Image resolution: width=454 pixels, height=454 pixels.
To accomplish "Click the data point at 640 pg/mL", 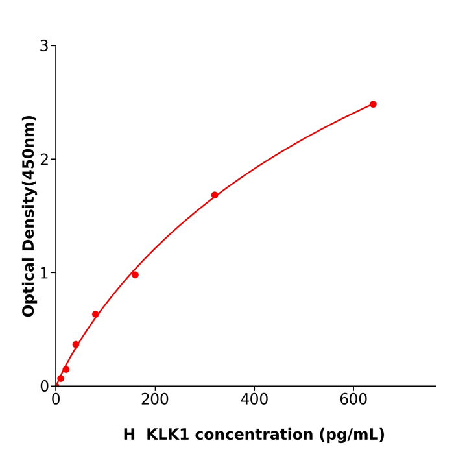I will tap(373, 104).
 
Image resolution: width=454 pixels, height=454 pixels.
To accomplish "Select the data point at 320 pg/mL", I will tap(215, 195).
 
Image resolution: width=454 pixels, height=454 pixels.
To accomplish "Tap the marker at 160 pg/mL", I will tap(135, 275).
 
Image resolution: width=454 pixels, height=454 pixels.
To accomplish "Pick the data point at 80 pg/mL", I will tap(95, 315).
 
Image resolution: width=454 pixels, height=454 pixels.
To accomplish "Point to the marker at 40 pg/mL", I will tap(76, 345).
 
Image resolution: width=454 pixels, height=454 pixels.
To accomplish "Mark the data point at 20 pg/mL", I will tap(66, 370).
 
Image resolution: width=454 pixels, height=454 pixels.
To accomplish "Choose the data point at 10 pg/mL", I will tap(61, 379).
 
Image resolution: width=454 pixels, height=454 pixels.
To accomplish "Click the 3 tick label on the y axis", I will tap(44, 46).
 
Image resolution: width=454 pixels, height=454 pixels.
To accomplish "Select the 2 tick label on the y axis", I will tap(44, 160).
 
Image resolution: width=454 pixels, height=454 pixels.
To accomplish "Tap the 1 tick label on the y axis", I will tap(44, 273).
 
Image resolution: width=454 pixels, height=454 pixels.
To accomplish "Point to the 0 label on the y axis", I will tap(44, 387).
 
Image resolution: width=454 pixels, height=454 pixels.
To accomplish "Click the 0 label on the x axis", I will tap(56, 400).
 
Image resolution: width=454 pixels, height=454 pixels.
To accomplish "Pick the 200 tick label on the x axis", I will tap(155, 400).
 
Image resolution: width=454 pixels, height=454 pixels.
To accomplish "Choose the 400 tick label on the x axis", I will tap(254, 400).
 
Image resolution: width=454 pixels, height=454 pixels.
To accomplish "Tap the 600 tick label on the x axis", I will tap(353, 400).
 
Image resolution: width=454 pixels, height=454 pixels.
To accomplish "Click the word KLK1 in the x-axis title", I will tap(168, 435).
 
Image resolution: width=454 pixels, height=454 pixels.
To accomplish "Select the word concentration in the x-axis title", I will tap(260, 435).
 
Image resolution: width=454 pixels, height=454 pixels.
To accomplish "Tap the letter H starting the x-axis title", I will tap(129, 435).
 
